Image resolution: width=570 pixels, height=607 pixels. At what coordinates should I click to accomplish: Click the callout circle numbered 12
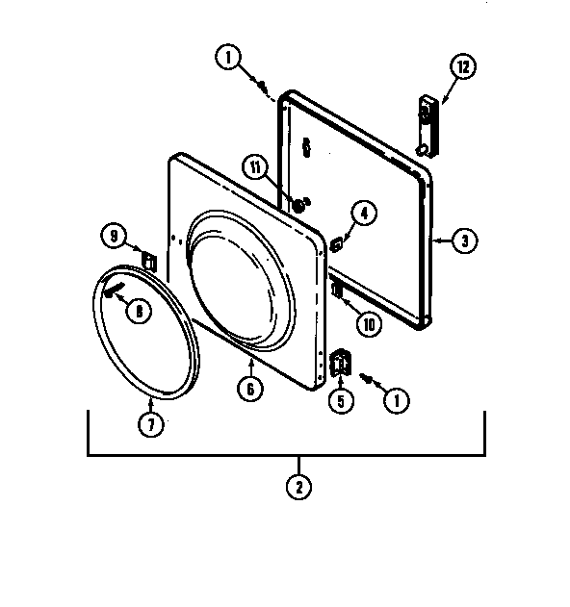(463, 66)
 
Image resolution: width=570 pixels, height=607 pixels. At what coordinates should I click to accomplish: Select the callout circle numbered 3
(465, 240)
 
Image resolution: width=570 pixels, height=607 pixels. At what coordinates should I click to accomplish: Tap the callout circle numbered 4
(364, 214)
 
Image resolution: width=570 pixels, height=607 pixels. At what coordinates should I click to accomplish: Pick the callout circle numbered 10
(369, 324)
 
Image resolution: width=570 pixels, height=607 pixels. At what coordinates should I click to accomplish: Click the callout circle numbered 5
(341, 401)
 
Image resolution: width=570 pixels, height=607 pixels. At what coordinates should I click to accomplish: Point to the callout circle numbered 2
(298, 487)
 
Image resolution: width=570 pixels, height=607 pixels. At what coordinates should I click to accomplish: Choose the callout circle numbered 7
(151, 424)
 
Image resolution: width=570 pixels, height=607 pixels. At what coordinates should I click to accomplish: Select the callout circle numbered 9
(114, 236)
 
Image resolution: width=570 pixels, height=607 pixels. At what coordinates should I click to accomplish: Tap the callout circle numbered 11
(255, 167)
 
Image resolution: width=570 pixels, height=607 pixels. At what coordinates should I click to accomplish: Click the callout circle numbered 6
(250, 389)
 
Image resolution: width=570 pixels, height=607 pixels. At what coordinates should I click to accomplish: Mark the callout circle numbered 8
(139, 311)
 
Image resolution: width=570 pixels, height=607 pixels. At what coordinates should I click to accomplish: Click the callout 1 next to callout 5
(397, 401)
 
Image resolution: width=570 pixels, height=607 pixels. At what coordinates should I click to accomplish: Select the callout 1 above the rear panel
(228, 58)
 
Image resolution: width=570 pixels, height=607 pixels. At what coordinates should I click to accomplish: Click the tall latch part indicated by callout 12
(428, 126)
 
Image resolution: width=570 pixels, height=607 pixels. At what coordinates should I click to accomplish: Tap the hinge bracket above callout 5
(340, 363)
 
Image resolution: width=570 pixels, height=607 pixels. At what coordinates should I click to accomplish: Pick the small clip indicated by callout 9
(149, 262)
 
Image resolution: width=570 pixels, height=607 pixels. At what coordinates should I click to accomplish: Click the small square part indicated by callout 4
(336, 244)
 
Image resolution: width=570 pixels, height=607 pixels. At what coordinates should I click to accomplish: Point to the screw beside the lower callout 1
(366, 378)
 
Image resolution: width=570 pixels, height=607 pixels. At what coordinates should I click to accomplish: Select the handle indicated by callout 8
(114, 289)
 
